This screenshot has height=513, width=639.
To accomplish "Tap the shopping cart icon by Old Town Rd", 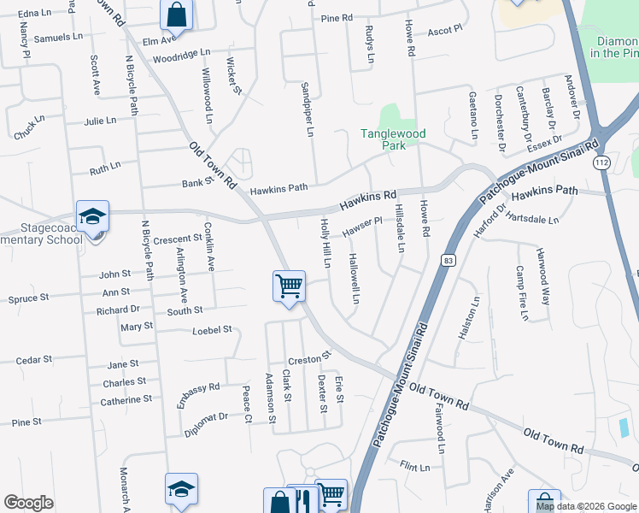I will (289, 286).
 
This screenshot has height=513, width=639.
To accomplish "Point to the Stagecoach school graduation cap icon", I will (92, 217).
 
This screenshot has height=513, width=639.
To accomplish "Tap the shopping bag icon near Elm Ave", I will (176, 15).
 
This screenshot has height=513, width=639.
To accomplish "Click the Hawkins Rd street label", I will (368, 201).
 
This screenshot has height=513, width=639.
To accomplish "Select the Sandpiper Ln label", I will (308, 109).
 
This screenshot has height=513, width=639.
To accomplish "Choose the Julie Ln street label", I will (100, 121).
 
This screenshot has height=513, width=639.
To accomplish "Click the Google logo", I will (29, 503).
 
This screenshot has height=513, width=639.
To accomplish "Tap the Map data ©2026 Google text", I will (585, 506).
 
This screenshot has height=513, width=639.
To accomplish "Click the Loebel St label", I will (212, 329).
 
